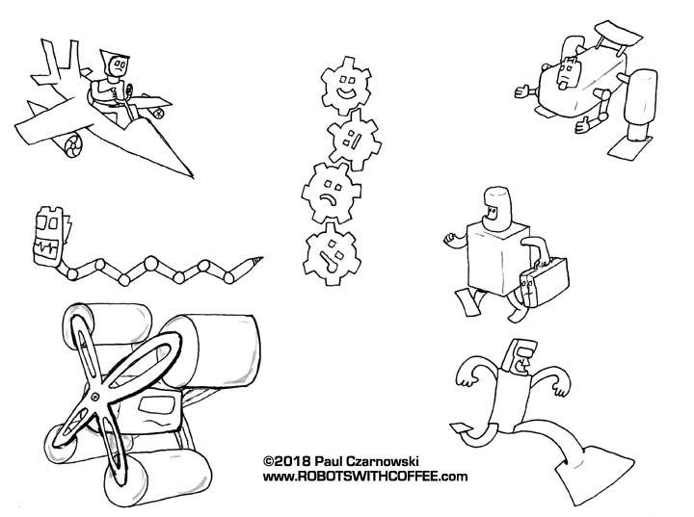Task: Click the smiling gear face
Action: coord(346,86)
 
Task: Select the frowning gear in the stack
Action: coord(331,194)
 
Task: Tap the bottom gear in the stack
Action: coord(332,255)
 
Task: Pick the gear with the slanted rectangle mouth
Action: coord(354,140)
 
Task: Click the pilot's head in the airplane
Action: coord(116,65)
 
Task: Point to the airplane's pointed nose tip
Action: coord(193,177)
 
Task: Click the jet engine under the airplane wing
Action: coord(70,144)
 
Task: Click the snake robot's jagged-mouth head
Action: coord(49,237)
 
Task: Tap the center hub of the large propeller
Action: coord(94,397)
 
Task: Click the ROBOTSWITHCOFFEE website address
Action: coord(365,477)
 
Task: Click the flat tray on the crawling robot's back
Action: coord(619,34)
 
